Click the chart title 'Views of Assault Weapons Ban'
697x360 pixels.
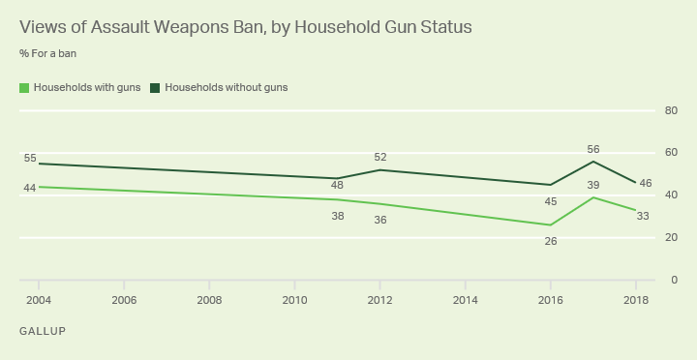tap(245, 27)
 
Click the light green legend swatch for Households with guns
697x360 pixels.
tap(24, 87)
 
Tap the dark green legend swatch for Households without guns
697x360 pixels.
tap(156, 87)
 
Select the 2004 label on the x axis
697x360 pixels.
tap(39, 300)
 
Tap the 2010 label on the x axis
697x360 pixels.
tap(294, 300)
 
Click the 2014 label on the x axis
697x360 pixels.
tap(465, 300)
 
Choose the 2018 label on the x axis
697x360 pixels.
tap(635, 300)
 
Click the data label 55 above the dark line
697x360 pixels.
tap(30, 158)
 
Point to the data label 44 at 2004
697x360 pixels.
tap(30, 188)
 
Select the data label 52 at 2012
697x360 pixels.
tap(380, 157)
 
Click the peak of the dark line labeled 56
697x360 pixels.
tap(592, 161)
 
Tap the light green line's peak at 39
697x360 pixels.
tap(592, 197)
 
